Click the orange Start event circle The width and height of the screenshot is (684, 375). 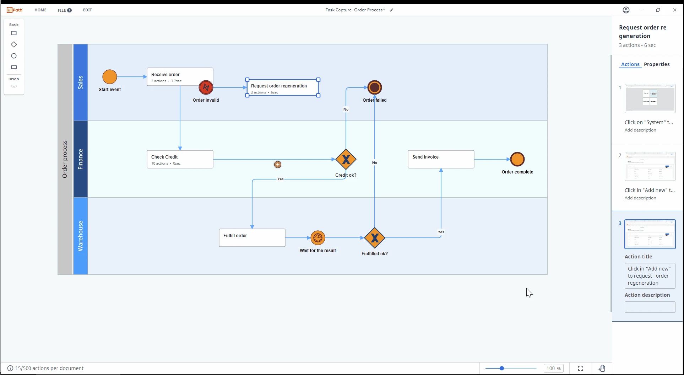pyautogui.click(x=110, y=77)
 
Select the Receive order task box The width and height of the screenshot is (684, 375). pyautogui.click(x=180, y=77)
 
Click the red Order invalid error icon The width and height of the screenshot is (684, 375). pyautogui.click(x=206, y=87)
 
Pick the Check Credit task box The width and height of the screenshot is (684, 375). pyautogui.click(x=180, y=159)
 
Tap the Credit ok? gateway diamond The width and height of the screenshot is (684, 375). pyautogui.click(x=346, y=159)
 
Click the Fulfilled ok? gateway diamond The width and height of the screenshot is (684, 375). pyautogui.click(x=375, y=238)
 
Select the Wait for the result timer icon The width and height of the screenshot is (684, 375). pyautogui.click(x=318, y=238)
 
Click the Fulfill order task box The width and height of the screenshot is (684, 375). pyautogui.click(x=252, y=238)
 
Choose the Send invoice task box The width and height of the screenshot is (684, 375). pyautogui.click(x=441, y=159)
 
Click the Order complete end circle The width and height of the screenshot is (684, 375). pyautogui.click(x=517, y=159)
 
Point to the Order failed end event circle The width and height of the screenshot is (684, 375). pyautogui.click(x=375, y=87)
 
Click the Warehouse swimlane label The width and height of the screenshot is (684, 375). pyautogui.click(x=81, y=236)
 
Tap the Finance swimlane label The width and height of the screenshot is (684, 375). pyautogui.click(x=81, y=159)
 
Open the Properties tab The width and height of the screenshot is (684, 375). pyautogui.click(x=657, y=64)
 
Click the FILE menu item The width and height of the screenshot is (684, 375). pyautogui.click(x=65, y=10)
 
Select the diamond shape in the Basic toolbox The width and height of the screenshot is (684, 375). pyautogui.click(x=14, y=44)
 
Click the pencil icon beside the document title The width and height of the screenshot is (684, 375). pyautogui.click(x=392, y=10)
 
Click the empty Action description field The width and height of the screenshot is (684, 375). pyautogui.click(x=650, y=307)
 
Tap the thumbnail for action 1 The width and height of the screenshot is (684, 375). pyautogui.click(x=650, y=98)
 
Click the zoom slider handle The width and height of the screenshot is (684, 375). pyautogui.click(x=502, y=368)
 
